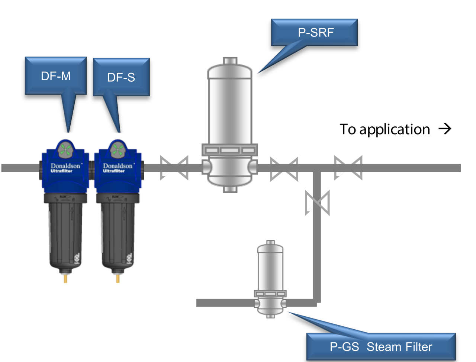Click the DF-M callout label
tap(56, 76)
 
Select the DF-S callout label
tap(121, 77)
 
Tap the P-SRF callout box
tap(316, 32)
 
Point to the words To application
tap(385, 129)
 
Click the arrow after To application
tap(445, 129)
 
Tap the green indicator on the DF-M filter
tap(65, 150)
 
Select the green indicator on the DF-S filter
tap(118, 150)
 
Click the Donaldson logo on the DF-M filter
tap(65, 166)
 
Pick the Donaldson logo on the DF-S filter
tap(118, 166)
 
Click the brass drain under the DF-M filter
tap(65, 278)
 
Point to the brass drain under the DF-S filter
tap(118, 278)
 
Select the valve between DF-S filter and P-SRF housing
tap(174, 168)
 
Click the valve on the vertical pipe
tap(317, 203)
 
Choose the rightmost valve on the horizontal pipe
tap(348, 168)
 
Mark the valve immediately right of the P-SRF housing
tap(284, 169)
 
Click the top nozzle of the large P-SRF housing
tap(230, 61)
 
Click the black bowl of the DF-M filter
tap(65, 234)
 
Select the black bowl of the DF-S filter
tap(118, 234)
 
